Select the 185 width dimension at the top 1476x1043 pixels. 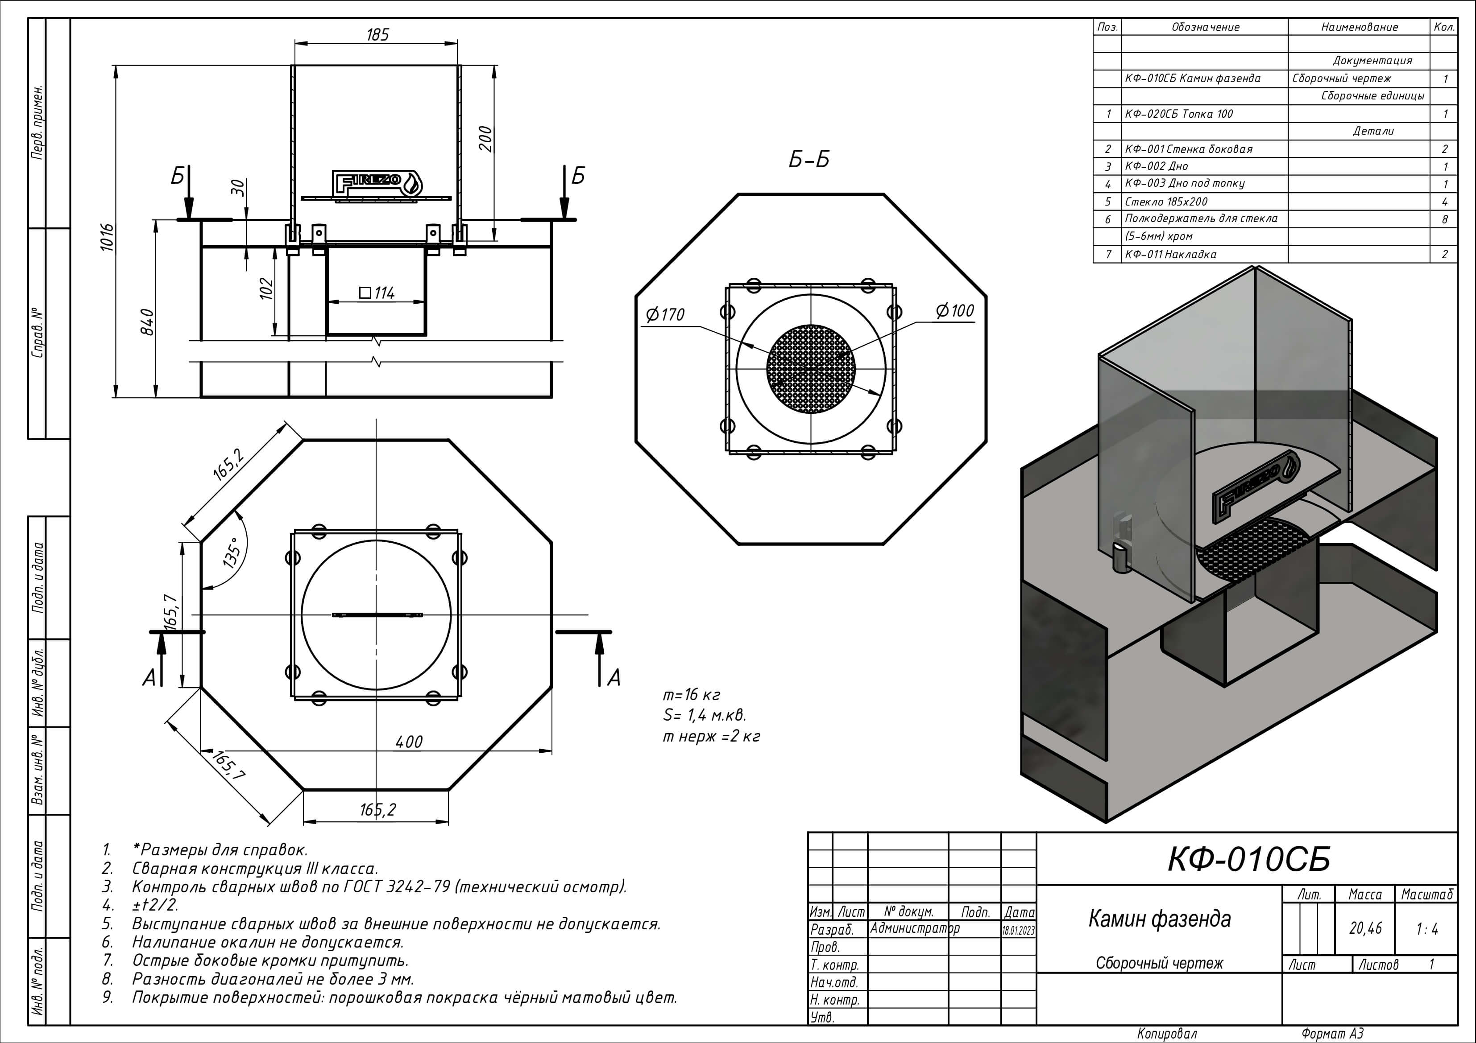(x=377, y=35)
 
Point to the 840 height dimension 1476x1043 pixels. (x=147, y=322)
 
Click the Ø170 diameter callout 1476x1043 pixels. (x=665, y=315)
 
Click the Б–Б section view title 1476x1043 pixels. (x=808, y=159)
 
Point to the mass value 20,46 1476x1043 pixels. (x=1365, y=928)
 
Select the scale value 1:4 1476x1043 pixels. (x=1426, y=928)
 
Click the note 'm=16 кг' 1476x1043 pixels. (x=691, y=695)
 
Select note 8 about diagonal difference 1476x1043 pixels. (x=273, y=979)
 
